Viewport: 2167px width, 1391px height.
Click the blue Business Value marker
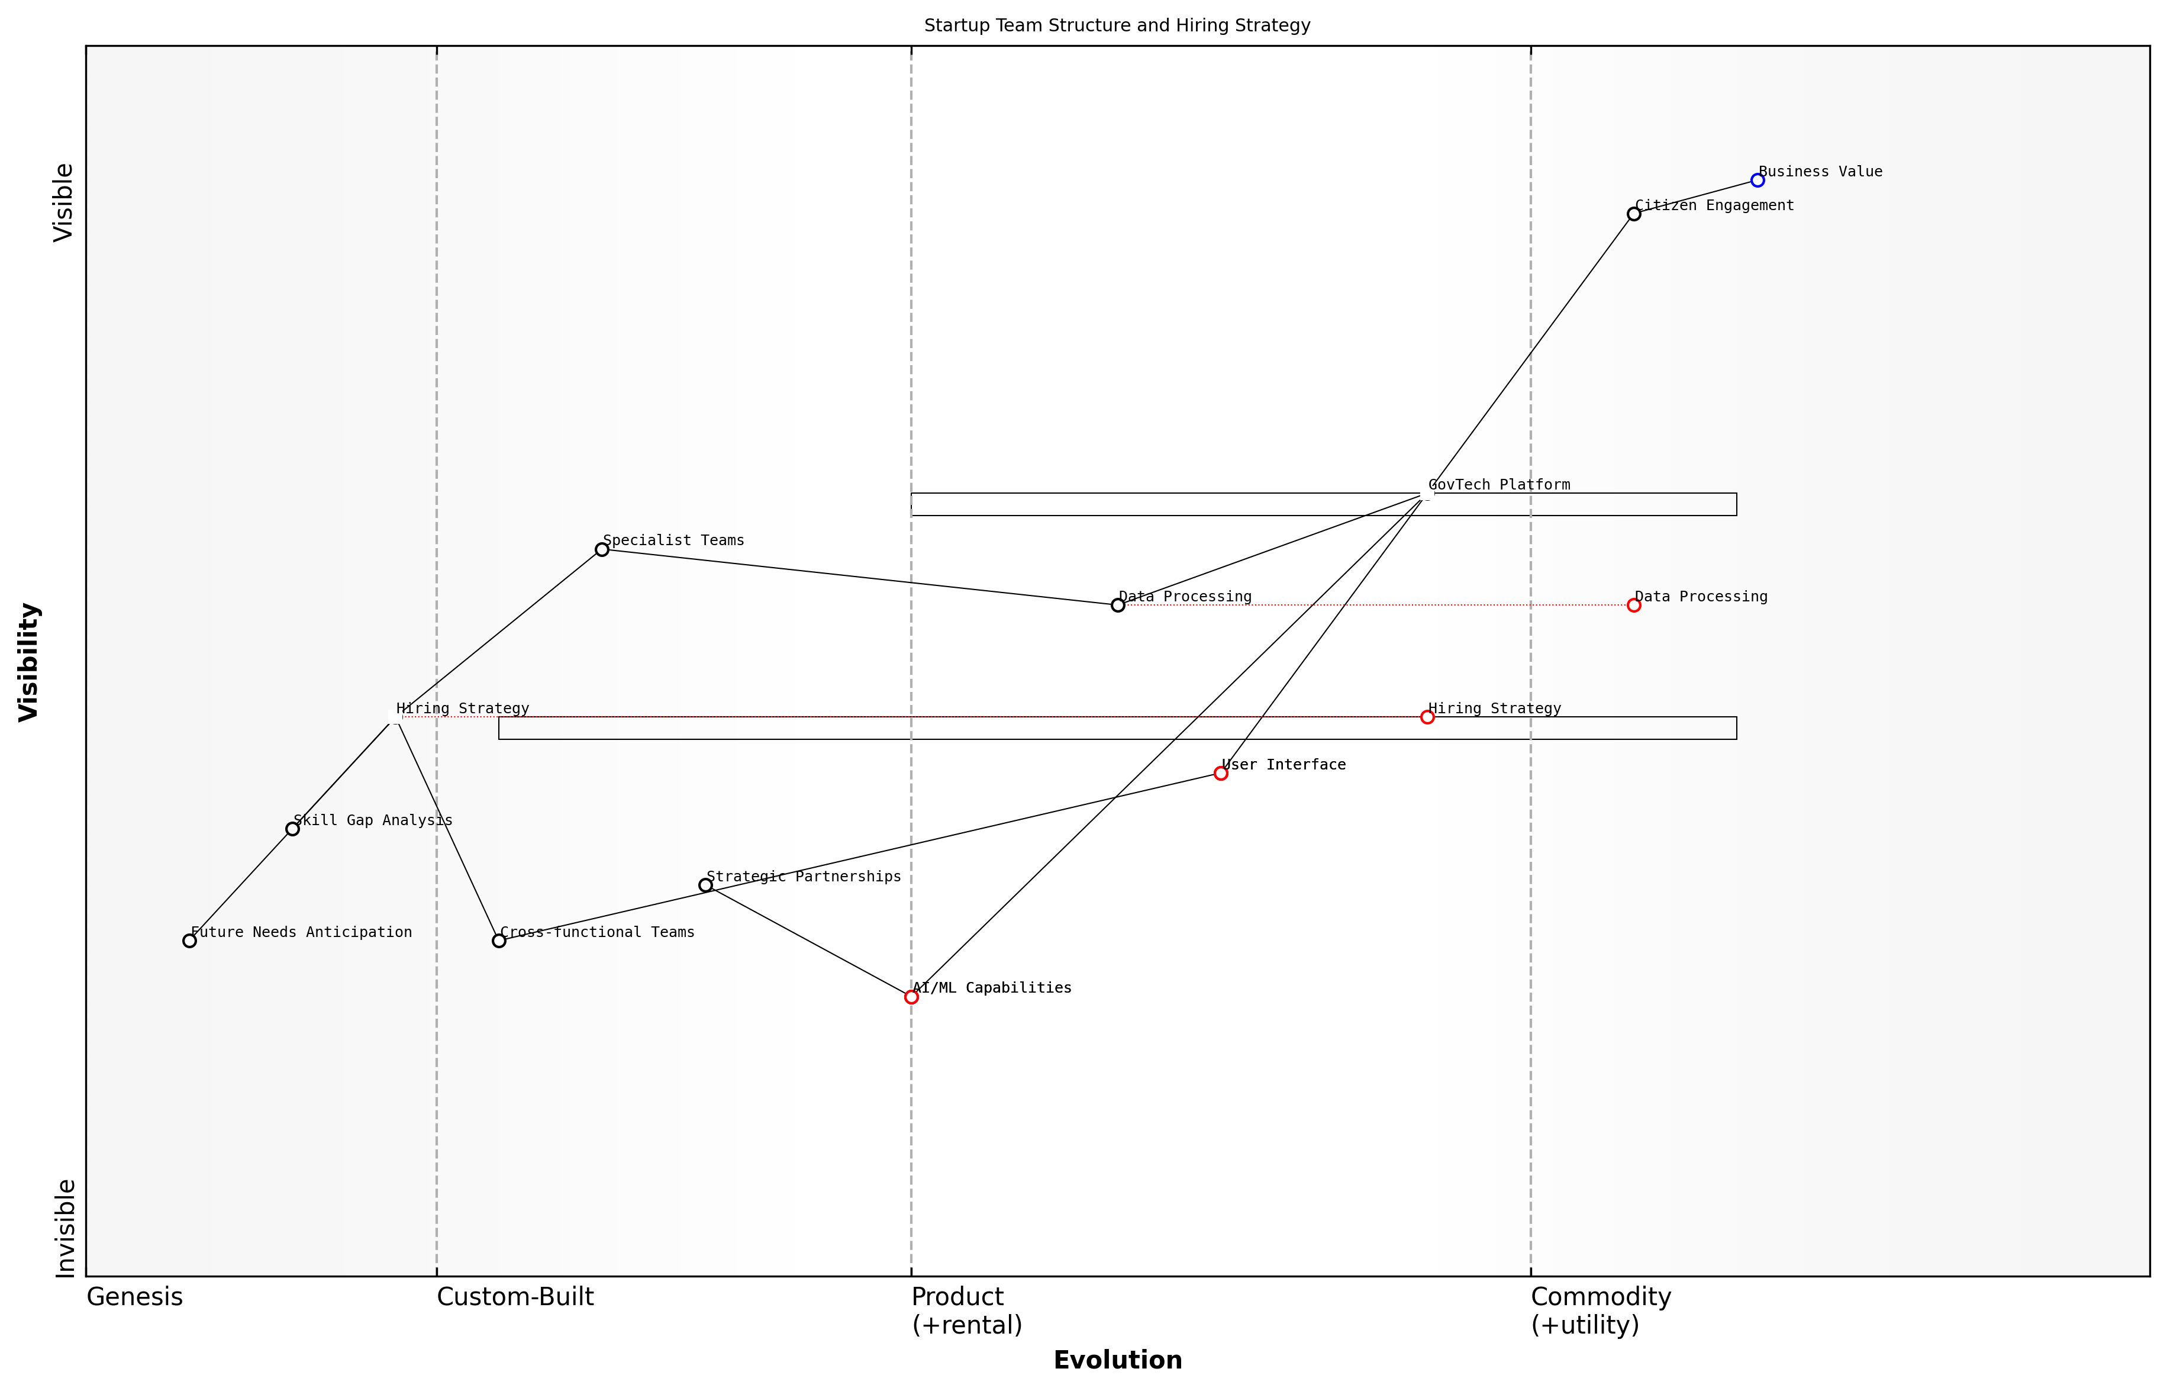pos(1757,181)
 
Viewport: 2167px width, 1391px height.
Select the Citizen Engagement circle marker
pos(1633,214)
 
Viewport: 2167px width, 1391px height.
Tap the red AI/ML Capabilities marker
pos(911,997)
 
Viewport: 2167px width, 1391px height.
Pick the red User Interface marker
pos(1221,773)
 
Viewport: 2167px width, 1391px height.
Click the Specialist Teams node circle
pos(602,549)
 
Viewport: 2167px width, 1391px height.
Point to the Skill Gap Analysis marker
pos(292,829)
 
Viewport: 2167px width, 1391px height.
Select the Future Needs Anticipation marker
pos(189,941)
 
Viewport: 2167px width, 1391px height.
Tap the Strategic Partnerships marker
pos(705,885)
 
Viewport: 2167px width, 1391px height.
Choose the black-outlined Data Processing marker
pos(1118,605)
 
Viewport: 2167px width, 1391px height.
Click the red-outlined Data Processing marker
pos(1633,605)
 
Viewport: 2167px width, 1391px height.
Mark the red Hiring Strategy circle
pos(1427,717)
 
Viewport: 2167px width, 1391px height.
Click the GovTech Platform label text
pos(1499,485)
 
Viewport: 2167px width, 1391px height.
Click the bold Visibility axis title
pos(29,662)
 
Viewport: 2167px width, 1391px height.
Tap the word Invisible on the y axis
pos(65,1228)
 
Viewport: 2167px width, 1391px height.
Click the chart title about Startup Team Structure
pos(1117,25)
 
